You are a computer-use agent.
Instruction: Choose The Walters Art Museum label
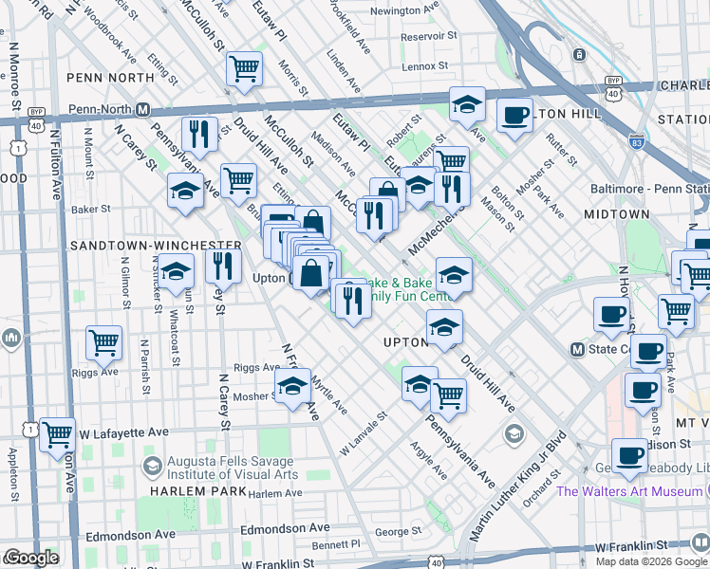click(x=629, y=491)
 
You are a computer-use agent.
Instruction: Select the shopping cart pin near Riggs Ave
click(x=103, y=342)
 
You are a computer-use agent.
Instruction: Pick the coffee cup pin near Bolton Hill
click(x=514, y=116)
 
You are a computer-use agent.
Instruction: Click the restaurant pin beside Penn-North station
click(x=199, y=135)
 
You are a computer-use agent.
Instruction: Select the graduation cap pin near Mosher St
click(x=293, y=386)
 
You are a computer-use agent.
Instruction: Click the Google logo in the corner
click(x=31, y=558)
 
